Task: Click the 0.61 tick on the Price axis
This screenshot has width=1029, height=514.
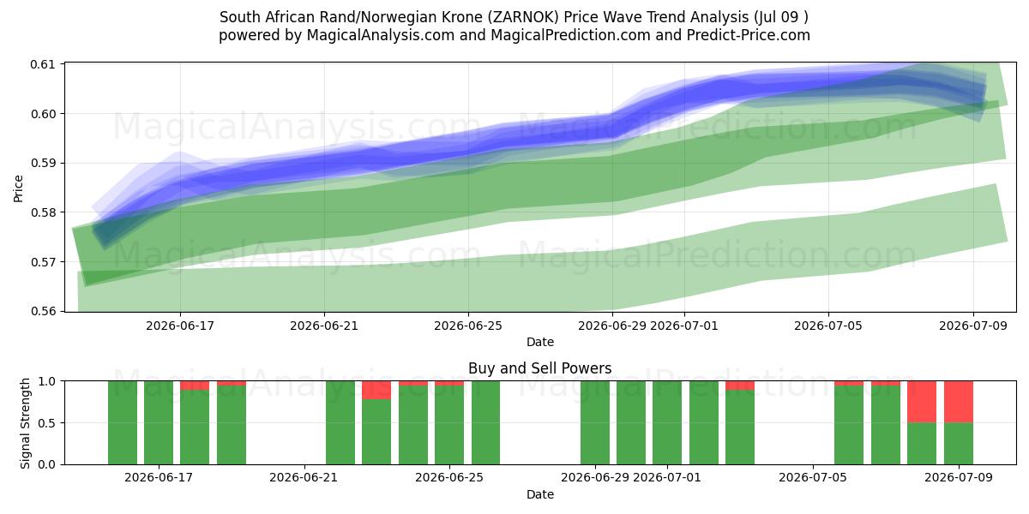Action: coord(43,64)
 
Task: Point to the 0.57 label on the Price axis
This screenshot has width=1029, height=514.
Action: coord(43,262)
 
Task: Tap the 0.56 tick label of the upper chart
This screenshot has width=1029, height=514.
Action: coord(43,311)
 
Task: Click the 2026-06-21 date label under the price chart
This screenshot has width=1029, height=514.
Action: coord(324,326)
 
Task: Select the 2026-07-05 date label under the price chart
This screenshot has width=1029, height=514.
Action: coord(828,326)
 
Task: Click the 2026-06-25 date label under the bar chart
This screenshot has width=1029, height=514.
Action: coord(449,478)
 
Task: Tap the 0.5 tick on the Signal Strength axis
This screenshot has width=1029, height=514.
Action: coord(46,422)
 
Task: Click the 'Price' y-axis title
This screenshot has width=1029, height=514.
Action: coord(18,188)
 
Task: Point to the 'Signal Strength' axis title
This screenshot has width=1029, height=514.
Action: coord(25,423)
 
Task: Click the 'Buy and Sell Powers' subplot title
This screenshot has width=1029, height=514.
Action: coord(539,368)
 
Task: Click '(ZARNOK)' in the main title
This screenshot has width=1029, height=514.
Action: coord(523,17)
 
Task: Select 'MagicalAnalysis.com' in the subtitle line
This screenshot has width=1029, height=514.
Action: coord(381,35)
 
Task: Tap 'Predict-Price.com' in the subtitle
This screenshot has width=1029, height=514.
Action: coord(749,35)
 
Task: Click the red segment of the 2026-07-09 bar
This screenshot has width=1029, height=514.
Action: coord(959,402)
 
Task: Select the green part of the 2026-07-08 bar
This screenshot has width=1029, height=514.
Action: coord(922,444)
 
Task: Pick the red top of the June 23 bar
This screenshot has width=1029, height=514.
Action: coord(376,390)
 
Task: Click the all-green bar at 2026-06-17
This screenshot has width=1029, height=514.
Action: coord(159,422)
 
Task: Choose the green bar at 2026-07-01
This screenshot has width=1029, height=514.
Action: coord(667,422)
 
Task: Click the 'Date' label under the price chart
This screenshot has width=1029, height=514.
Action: coord(539,342)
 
